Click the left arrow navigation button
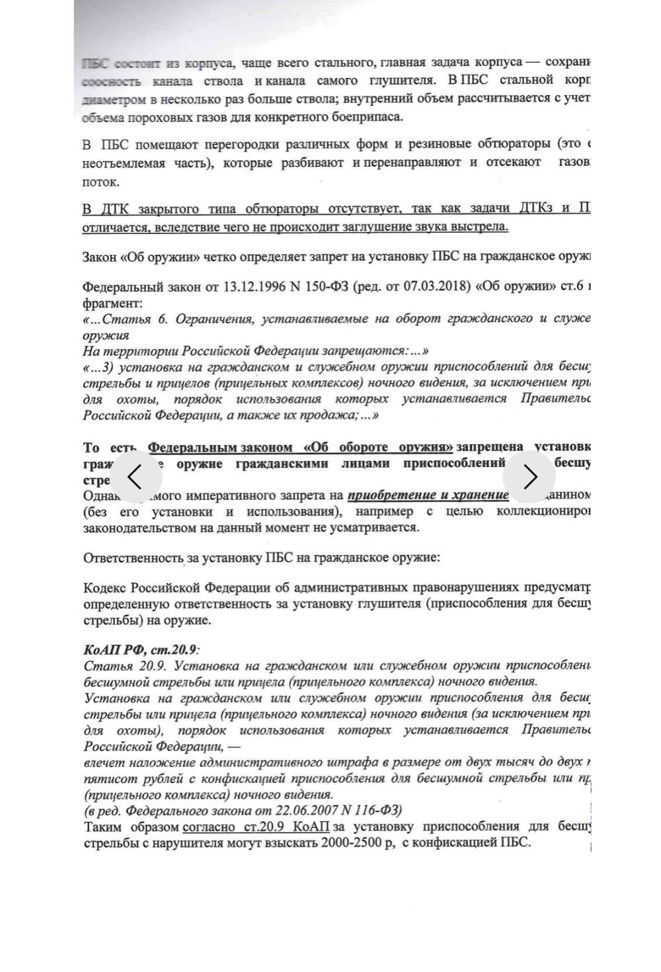pyautogui.click(x=135, y=476)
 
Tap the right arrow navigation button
pyautogui.click(x=529, y=476)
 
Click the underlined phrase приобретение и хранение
pyautogui.click(x=428, y=495)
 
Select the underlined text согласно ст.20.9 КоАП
pyautogui.click(x=256, y=827)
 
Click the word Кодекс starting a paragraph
pyautogui.click(x=104, y=588)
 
